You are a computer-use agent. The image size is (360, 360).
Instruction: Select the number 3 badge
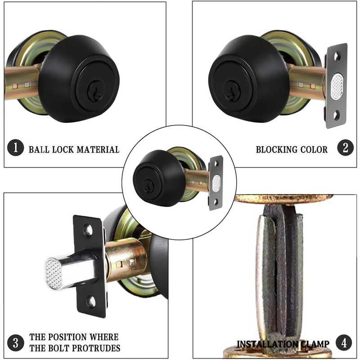16,343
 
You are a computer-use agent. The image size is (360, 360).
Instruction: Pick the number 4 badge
344,343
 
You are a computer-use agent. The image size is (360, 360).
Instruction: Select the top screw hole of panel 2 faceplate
337,57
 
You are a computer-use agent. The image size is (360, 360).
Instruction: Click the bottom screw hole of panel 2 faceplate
337,115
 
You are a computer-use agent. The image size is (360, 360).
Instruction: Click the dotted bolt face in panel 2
337,86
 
